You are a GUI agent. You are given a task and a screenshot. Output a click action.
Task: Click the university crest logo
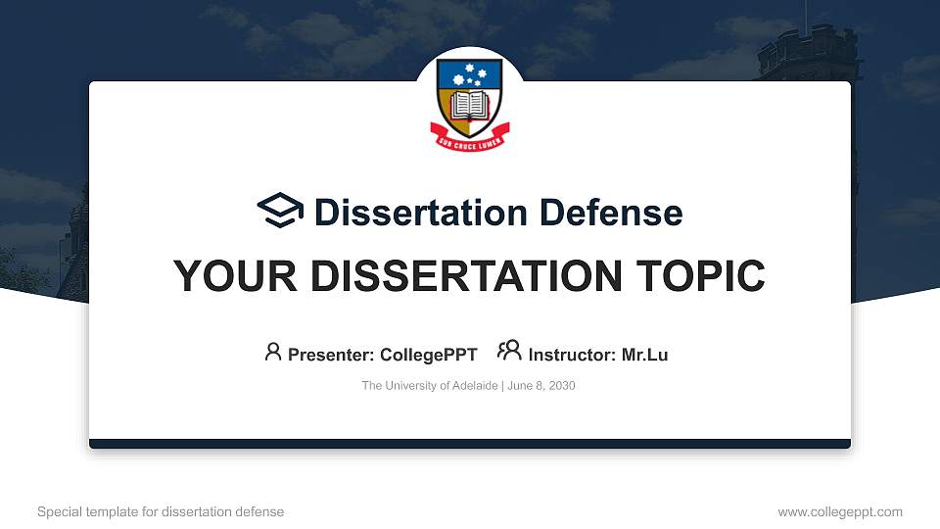pyautogui.click(x=469, y=103)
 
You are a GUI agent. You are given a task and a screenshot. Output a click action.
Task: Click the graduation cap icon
pyautogui.click(x=280, y=212)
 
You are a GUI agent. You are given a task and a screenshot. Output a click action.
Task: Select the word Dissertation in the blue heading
pyautogui.click(x=409, y=213)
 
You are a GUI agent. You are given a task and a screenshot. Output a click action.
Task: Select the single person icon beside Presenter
pyautogui.click(x=273, y=352)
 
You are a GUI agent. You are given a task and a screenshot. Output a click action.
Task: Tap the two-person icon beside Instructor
pyautogui.click(x=509, y=352)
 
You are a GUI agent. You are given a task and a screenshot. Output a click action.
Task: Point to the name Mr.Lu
pyautogui.click(x=644, y=355)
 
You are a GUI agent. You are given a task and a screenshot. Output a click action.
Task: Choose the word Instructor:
pyautogui.click(x=572, y=355)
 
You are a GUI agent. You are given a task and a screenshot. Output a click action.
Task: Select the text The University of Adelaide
pyautogui.click(x=430, y=386)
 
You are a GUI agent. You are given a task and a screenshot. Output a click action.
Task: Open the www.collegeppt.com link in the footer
pyautogui.click(x=839, y=511)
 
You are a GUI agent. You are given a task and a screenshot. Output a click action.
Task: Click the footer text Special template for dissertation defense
pyautogui.click(x=161, y=511)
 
